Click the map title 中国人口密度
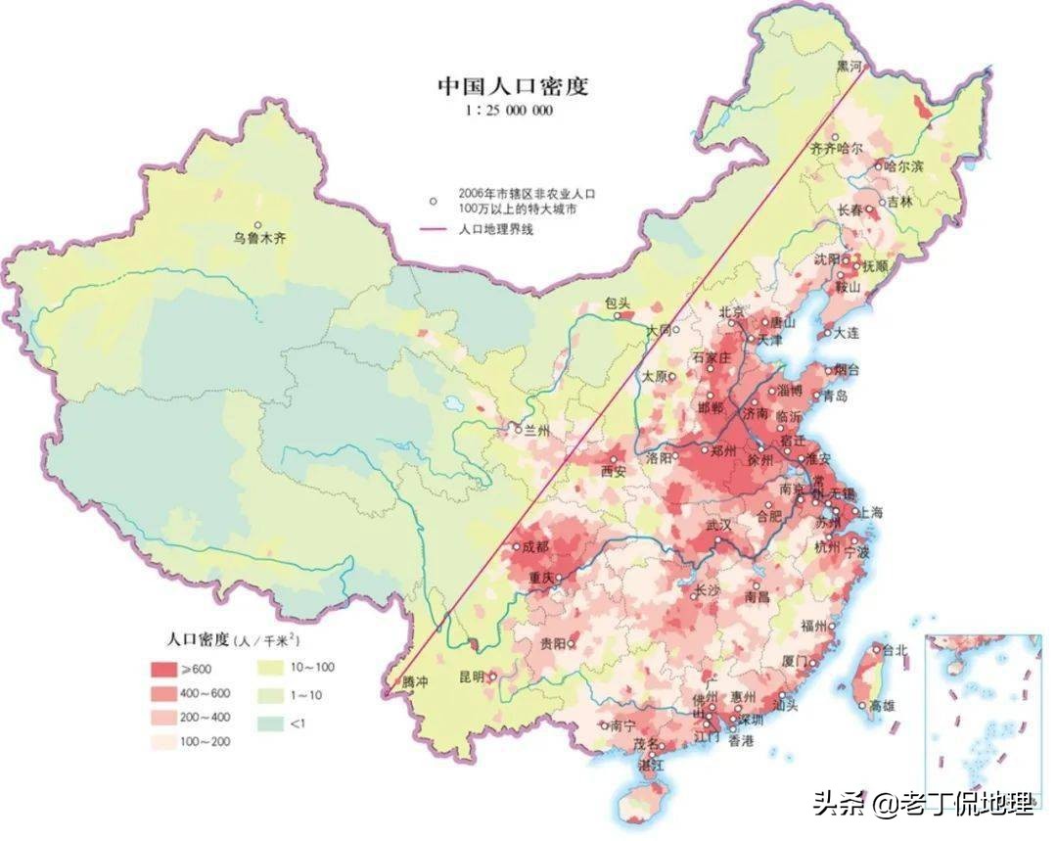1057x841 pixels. click(512, 86)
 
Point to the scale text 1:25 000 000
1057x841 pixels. click(511, 111)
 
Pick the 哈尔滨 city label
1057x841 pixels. click(903, 166)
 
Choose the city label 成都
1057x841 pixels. click(536, 548)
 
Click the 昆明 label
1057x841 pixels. click(473, 677)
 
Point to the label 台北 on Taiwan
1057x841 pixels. click(895, 649)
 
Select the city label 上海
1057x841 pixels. click(870, 512)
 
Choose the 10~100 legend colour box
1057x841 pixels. click(275, 669)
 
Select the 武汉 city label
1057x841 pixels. click(718, 526)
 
